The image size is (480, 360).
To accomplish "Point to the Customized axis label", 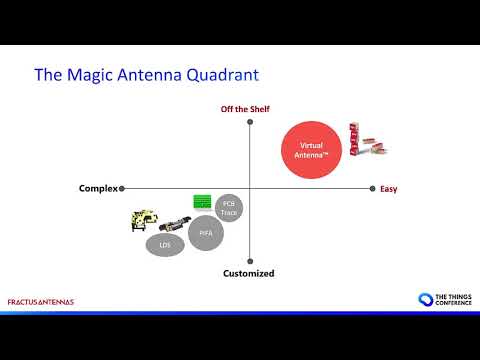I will click(x=248, y=273).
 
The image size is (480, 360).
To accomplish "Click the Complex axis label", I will click(x=98, y=189).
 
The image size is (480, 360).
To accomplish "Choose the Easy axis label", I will click(x=389, y=189).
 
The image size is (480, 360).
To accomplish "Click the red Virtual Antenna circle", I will click(x=318, y=150).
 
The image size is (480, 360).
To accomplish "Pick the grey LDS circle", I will click(x=165, y=244).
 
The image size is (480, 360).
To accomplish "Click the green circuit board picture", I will click(x=204, y=201).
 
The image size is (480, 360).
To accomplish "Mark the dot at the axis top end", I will click(x=249, y=122).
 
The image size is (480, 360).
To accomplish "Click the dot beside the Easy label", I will click(x=374, y=188).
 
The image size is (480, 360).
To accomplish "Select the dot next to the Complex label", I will click(x=121, y=188).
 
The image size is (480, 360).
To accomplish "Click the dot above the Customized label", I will click(x=249, y=259).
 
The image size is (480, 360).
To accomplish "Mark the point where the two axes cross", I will click(x=249, y=188).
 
